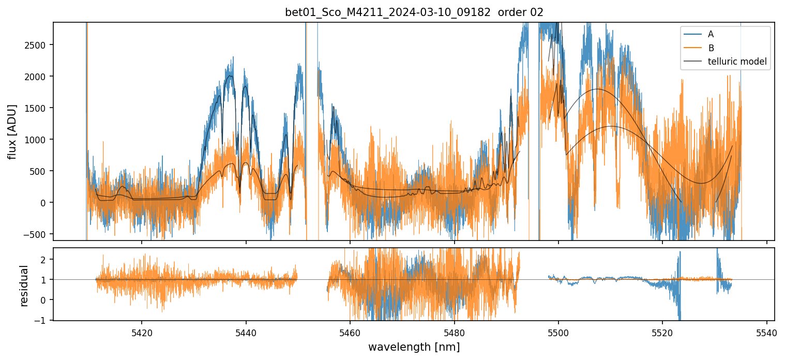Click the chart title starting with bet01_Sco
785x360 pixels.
pos(388,12)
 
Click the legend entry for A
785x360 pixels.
pos(711,34)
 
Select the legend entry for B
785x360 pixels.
pos(711,48)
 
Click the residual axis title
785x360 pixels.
pos(24,286)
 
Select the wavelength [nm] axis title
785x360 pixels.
pos(414,347)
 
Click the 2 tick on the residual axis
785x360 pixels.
pos(43,259)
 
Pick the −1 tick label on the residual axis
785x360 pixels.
pos(41,320)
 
